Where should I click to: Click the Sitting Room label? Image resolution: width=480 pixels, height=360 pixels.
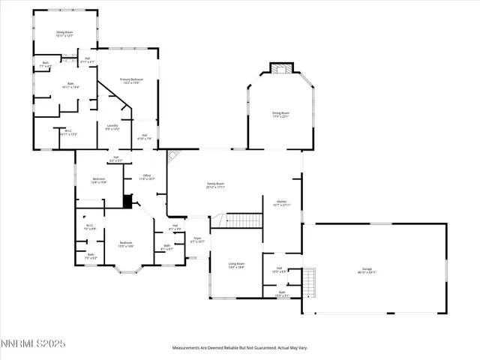click(x=64, y=34)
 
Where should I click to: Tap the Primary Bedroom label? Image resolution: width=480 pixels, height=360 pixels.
click(x=131, y=80)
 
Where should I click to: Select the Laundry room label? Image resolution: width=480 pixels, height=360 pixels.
click(x=112, y=127)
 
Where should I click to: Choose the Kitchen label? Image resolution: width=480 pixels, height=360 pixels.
click(x=281, y=202)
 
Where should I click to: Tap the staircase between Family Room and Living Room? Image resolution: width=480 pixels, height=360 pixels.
click(x=243, y=220)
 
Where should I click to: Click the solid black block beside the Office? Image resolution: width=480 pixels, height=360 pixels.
click(x=127, y=201)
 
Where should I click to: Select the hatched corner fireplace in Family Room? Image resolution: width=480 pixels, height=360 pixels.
click(x=172, y=155)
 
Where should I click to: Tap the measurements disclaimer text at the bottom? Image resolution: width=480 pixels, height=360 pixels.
click(x=239, y=348)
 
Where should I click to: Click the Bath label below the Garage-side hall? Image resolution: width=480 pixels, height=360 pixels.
click(x=281, y=294)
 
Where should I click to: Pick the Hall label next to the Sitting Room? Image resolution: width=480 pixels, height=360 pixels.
click(x=87, y=59)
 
